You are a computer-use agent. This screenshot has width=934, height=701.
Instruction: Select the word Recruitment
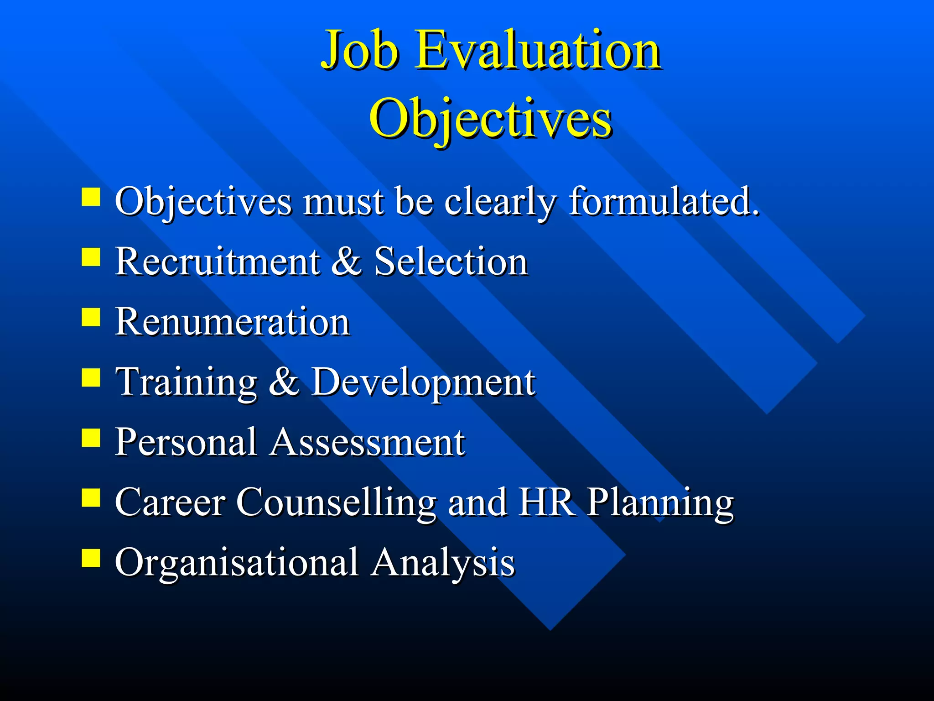coord(218,261)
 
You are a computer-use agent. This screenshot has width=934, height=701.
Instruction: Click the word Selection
coord(451,261)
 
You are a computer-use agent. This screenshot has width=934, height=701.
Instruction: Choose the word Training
coord(187,382)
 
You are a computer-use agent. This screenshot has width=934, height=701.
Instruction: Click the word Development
coord(423,382)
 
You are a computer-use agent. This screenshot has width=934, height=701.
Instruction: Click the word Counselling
coord(336,502)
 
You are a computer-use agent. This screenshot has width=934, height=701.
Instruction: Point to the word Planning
coord(660,503)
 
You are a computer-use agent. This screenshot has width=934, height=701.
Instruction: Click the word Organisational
coord(236,563)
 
